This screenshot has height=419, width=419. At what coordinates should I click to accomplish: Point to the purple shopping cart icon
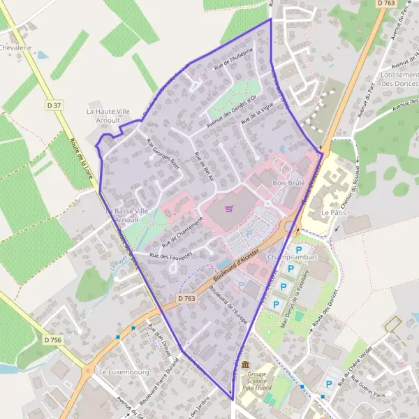[x=228, y=208]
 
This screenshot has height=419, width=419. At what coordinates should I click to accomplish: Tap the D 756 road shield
[x=53, y=339]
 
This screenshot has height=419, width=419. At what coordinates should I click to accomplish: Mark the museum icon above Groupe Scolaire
[x=245, y=365]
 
